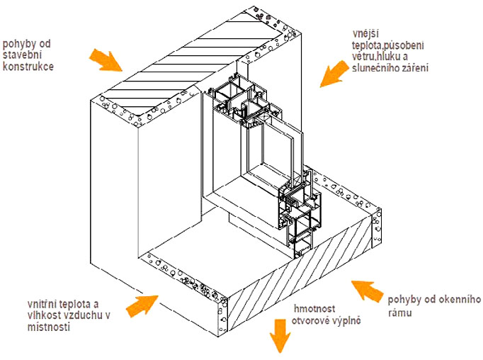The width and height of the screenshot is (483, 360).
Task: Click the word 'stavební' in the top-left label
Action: point(22,55)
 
